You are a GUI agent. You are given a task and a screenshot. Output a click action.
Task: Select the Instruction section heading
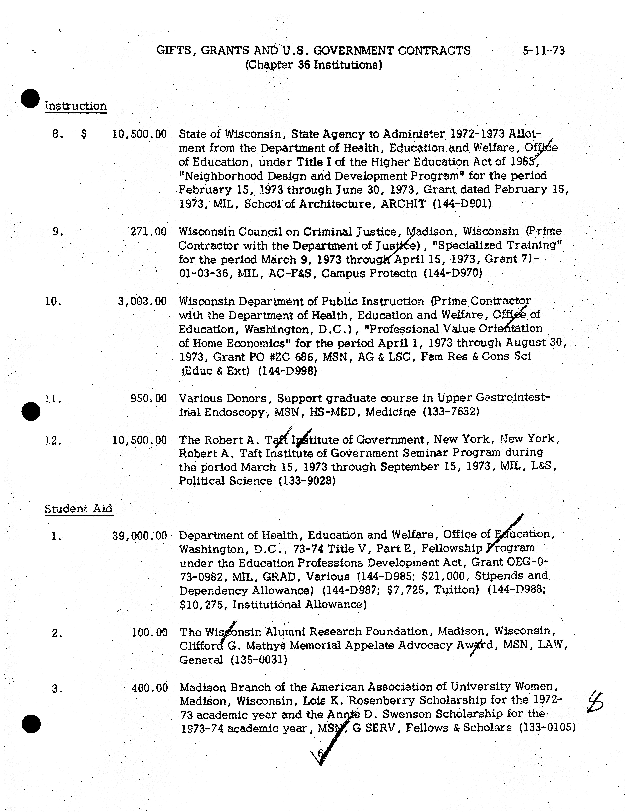click(x=76, y=106)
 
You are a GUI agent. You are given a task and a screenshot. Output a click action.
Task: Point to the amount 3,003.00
click(x=142, y=301)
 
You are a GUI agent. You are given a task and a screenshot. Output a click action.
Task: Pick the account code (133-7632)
click(x=451, y=412)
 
